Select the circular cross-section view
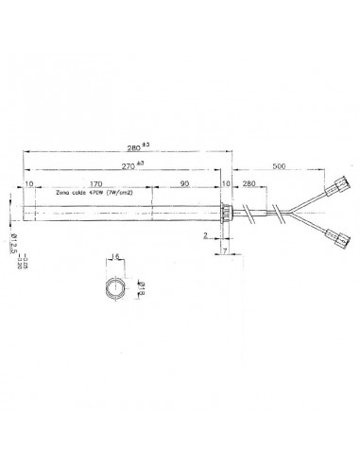[x=115, y=285]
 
